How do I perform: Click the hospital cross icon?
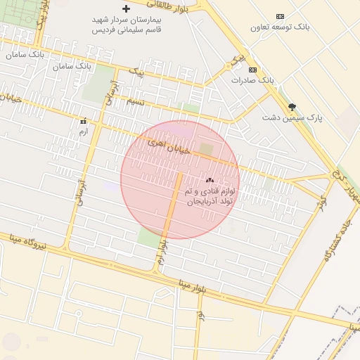126,9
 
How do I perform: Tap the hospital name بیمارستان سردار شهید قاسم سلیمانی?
127,25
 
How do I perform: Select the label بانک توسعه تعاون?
281,27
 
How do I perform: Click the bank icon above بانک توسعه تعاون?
281,16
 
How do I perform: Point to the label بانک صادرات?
252,80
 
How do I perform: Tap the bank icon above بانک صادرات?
252,70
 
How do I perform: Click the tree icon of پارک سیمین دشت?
292,107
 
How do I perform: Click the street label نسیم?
134,102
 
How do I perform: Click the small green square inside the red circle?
205,149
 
